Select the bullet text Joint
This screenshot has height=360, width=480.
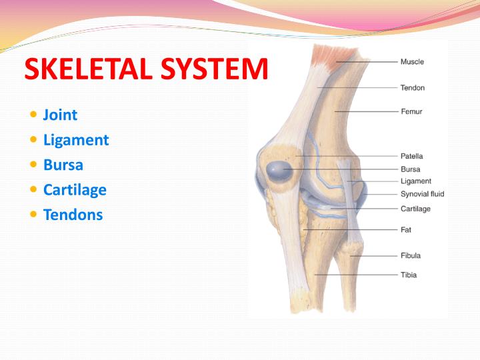[x=60, y=115]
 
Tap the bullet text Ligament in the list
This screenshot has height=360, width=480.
[x=75, y=140]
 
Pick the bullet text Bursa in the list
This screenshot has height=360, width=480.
[x=63, y=165]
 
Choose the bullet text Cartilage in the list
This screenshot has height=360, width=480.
[x=75, y=189]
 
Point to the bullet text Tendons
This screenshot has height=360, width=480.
[x=73, y=215]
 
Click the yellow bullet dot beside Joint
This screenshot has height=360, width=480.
[x=34, y=115]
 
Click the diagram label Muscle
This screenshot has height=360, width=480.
[x=411, y=62]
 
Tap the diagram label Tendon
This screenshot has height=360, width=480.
[x=412, y=87]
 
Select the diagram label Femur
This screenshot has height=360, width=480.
[x=411, y=111]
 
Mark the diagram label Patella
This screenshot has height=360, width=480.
[x=411, y=156]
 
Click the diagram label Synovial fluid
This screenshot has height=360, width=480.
[x=422, y=194]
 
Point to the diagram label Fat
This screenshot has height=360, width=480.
[x=406, y=229]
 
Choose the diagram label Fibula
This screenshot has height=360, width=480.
[x=410, y=255]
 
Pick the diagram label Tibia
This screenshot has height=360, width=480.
[x=409, y=275]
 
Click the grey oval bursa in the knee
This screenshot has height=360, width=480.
[x=276, y=171]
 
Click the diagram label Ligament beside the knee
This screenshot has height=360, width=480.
[x=415, y=181]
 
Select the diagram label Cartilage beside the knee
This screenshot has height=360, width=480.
[x=415, y=209]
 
